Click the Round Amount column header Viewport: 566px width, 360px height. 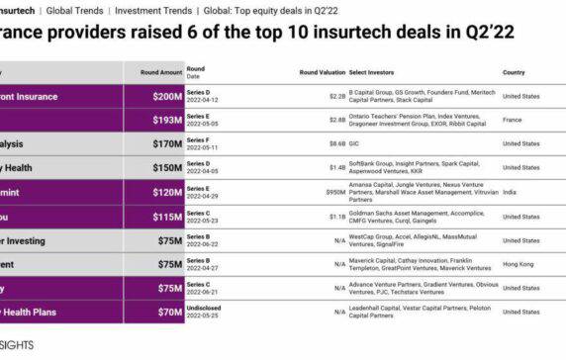160,72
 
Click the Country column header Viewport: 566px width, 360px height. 514,72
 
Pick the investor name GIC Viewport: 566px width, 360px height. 354,143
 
